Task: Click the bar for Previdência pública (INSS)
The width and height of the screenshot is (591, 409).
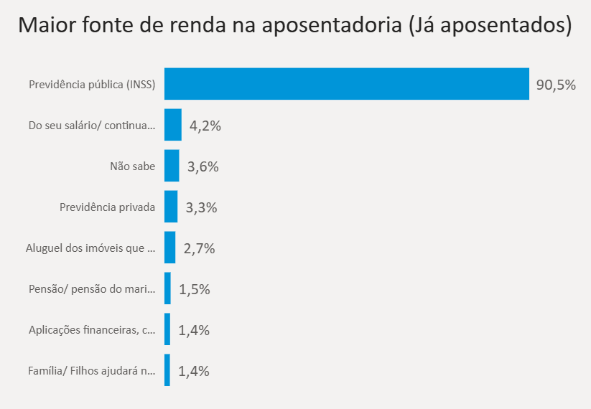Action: (x=347, y=84)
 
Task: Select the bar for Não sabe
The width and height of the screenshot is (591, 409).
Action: (x=172, y=166)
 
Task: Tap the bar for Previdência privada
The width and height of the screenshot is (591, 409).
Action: (x=171, y=207)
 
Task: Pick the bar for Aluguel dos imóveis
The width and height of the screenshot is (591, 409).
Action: (x=169, y=248)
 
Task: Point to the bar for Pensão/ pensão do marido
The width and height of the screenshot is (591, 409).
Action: (x=167, y=288)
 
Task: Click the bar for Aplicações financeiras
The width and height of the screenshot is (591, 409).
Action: (x=167, y=329)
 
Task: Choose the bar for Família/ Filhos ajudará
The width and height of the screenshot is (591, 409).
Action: (x=167, y=370)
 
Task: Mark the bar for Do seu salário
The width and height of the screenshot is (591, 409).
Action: (x=173, y=125)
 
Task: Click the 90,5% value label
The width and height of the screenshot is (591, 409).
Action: (x=556, y=85)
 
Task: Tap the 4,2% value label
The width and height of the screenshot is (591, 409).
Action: (x=205, y=126)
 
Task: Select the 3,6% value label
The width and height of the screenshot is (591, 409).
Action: (x=203, y=167)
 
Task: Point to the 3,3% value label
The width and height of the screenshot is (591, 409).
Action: (x=201, y=208)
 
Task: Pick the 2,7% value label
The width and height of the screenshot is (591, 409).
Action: (x=199, y=249)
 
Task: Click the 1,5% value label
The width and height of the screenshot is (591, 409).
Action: (x=194, y=290)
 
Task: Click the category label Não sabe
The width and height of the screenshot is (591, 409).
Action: (x=132, y=166)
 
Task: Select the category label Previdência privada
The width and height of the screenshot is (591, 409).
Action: (x=107, y=207)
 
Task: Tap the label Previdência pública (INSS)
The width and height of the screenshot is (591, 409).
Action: (x=92, y=85)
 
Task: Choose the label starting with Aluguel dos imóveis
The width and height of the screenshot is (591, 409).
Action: (x=90, y=248)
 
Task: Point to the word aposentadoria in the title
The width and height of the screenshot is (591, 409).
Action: (x=330, y=27)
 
